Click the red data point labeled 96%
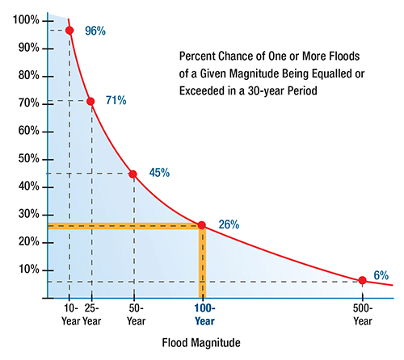(69, 31)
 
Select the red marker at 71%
(90, 102)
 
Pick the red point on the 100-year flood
(202, 225)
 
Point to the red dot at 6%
(362, 280)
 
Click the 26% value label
(229, 224)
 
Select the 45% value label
(160, 172)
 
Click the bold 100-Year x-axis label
(204, 314)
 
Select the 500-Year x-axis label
(363, 314)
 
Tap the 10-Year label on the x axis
(70, 314)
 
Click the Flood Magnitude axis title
(200, 344)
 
